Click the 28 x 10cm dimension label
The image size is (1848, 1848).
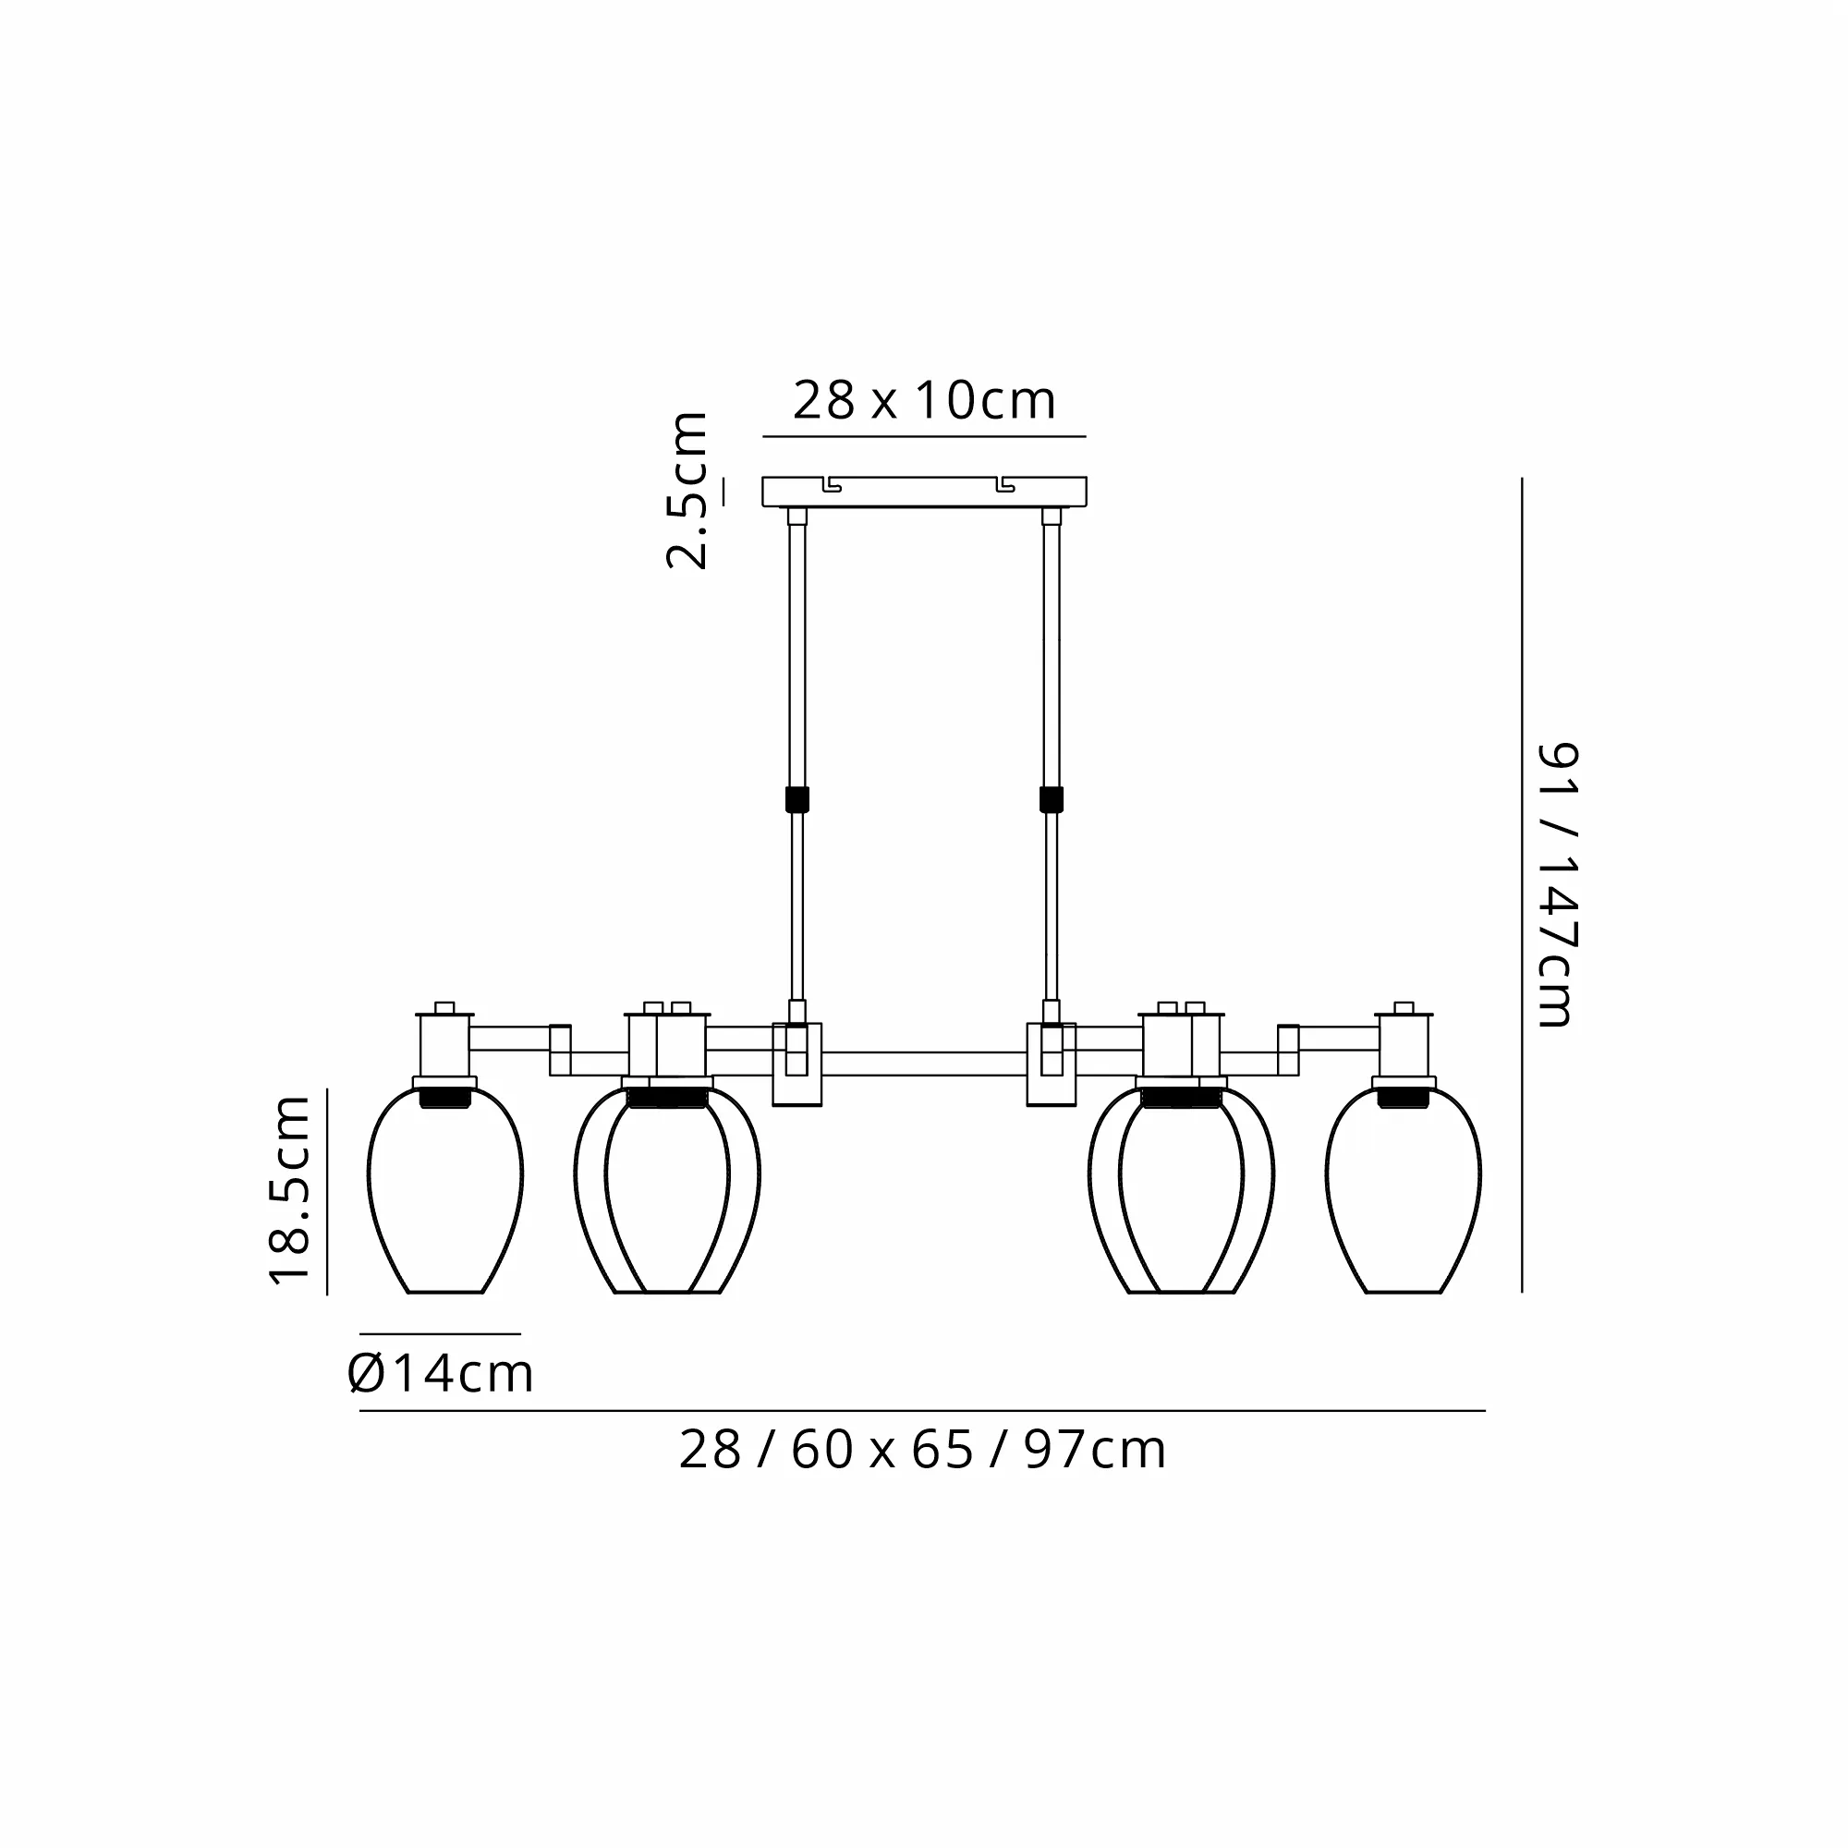[x=924, y=400]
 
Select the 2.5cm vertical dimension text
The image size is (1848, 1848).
[x=687, y=491]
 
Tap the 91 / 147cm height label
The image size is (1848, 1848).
[x=1556, y=885]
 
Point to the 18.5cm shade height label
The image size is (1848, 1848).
[x=290, y=1190]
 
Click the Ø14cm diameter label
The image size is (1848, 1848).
[x=440, y=1374]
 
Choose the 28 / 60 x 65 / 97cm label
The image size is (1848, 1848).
[x=922, y=1449]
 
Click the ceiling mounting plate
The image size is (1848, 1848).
[x=924, y=492]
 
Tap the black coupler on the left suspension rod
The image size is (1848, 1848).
[x=796, y=799]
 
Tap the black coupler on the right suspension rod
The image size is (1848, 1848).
[x=1052, y=799]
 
